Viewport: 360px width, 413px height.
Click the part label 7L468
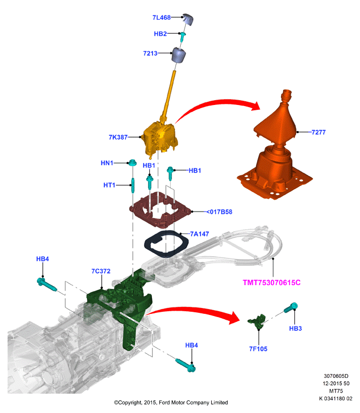click(162, 18)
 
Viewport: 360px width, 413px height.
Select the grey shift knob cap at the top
click(188, 19)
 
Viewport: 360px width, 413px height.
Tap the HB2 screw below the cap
click(182, 37)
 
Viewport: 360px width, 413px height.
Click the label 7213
click(150, 53)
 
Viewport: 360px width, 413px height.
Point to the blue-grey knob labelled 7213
click(179, 55)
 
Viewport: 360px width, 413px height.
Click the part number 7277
click(318, 132)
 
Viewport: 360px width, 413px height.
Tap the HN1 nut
click(132, 162)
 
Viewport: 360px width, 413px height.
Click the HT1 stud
click(133, 185)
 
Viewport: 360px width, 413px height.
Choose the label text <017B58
click(219, 212)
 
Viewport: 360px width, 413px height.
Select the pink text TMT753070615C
click(271, 282)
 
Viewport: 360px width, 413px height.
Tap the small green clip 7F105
click(257, 321)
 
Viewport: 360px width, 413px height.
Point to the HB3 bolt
click(291, 307)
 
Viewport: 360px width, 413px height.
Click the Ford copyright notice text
click(171, 402)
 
